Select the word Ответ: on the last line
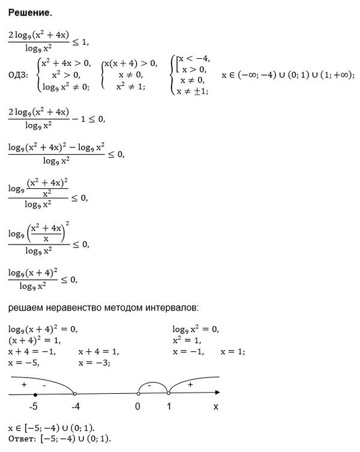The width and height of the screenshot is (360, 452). pyautogui.click(x=22, y=438)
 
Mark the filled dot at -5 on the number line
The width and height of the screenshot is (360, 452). pyautogui.click(x=35, y=394)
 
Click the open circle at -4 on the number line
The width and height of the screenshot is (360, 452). pyautogui.click(x=74, y=394)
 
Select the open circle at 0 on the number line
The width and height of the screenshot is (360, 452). pyautogui.click(x=138, y=394)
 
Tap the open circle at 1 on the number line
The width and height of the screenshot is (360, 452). pyautogui.click(x=169, y=394)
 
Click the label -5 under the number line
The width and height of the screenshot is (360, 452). pyautogui.click(x=34, y=407)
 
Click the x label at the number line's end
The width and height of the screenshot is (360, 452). pyautogui.click(x=215, y=406)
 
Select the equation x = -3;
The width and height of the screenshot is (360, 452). pyautogui.click(x=94, y=363)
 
